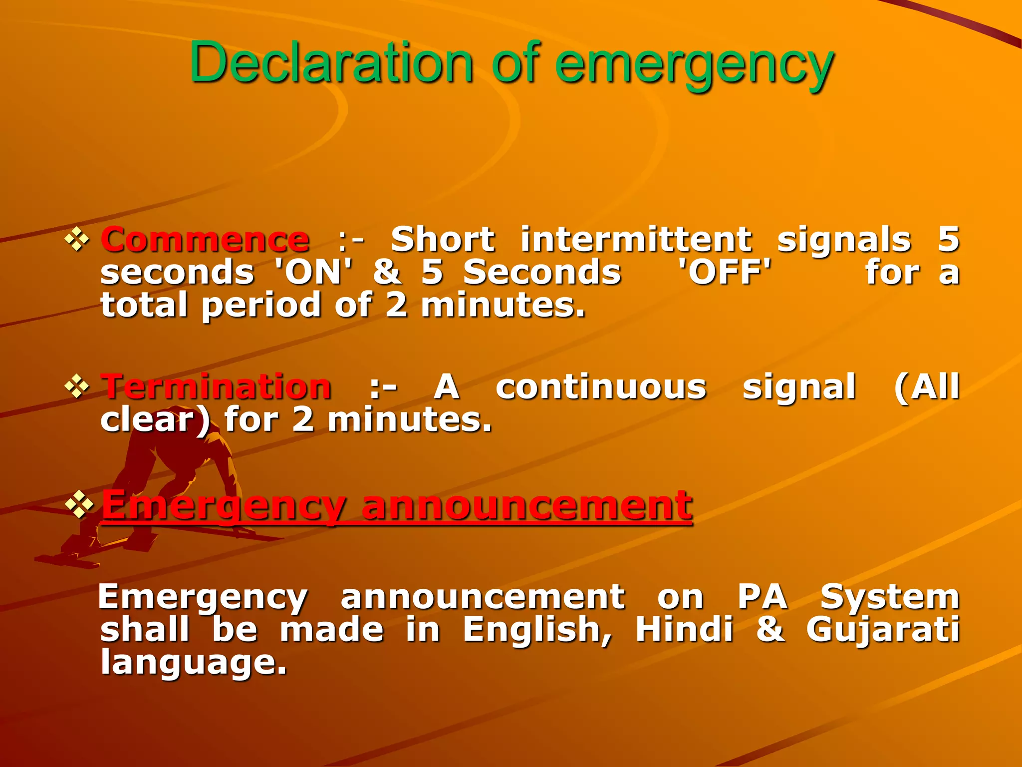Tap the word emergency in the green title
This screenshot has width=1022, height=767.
pos(694,65)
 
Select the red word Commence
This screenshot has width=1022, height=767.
pos(205,239)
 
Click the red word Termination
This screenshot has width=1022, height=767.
pos(216,387)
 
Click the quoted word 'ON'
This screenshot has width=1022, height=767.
pos(314,272)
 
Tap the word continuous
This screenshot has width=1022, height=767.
pos(601,387)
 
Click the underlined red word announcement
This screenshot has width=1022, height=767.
pos(527,505)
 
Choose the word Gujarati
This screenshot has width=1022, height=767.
pos(883,630)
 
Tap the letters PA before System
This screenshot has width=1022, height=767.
pos(763,597)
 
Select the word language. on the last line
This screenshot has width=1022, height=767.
pos(194,663)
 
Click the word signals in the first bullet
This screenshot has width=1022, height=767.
pos(844,239)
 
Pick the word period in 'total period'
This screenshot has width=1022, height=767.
pos(261,305)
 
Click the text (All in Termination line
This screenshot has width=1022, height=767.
pos(926,387)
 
